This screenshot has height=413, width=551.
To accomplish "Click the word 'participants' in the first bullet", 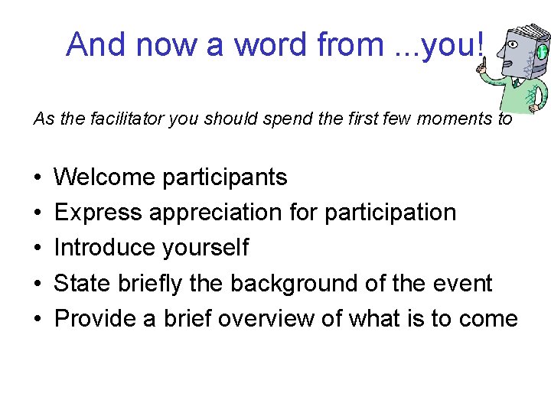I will point(225,177).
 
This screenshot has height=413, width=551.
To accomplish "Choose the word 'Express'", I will point(98,213).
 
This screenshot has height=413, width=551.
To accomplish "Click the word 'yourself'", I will point(207,248).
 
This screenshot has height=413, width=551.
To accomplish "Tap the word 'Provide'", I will point(96,318).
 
